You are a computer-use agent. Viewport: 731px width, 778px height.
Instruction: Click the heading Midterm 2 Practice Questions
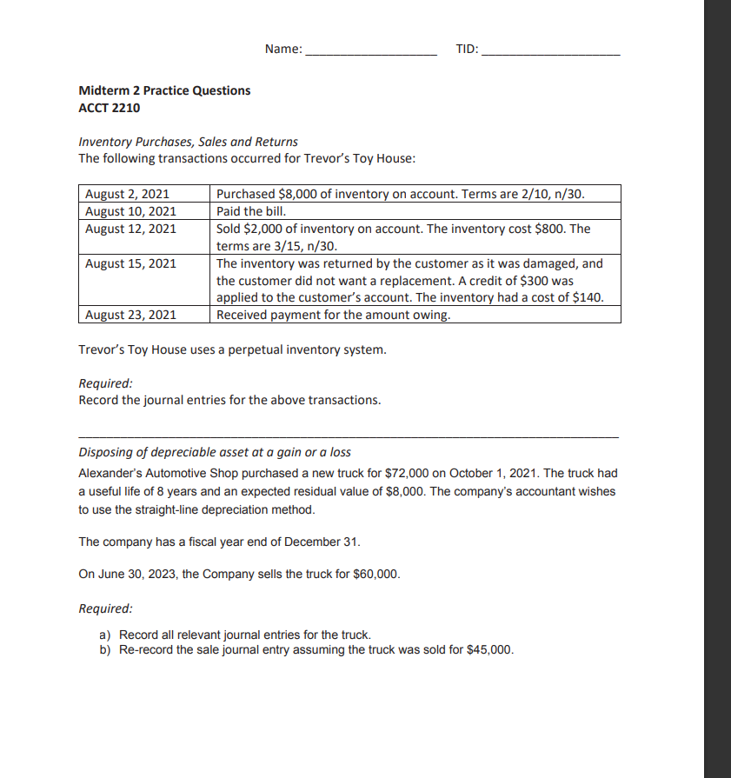pos(164,90)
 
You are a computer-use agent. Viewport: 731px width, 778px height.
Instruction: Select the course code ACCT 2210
pos(109,108)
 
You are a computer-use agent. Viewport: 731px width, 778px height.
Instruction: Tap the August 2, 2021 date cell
pos(127,194)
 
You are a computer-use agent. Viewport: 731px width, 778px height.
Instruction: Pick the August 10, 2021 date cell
pos(130,211)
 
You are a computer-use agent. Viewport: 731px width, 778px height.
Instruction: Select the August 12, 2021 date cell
pos(130,229)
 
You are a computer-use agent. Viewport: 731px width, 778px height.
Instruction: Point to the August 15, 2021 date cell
pos(130,263)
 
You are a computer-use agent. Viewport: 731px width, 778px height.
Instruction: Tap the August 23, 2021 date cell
pos(130,315)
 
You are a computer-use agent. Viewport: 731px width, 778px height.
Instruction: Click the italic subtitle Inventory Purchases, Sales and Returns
pos(188,141)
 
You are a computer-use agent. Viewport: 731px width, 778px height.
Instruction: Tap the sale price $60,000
pos(376,575)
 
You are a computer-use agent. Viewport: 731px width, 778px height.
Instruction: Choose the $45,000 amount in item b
pos(490,650)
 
